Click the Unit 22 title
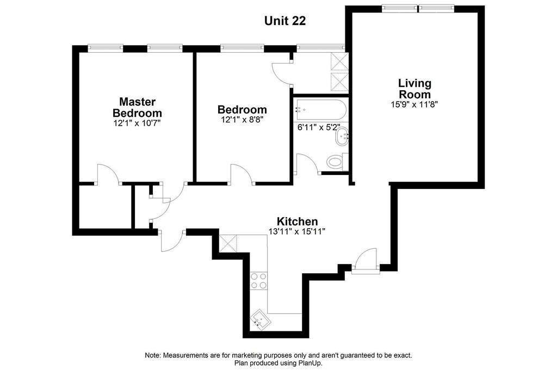[285, 21]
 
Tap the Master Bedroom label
[137, 108]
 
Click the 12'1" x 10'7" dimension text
[137, 123]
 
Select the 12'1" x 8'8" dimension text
[242, 120]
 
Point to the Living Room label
[414, 89]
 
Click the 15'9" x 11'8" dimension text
[414, 105]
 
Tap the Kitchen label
[297, 221]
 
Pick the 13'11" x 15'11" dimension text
[297, 231]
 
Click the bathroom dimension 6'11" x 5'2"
[319, 127]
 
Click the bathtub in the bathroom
[320, 110]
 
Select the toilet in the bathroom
[337, 162]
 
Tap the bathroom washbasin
[342, 136]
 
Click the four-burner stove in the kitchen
[258, 280]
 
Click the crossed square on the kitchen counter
[228, 243]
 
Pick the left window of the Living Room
[400, 8]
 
